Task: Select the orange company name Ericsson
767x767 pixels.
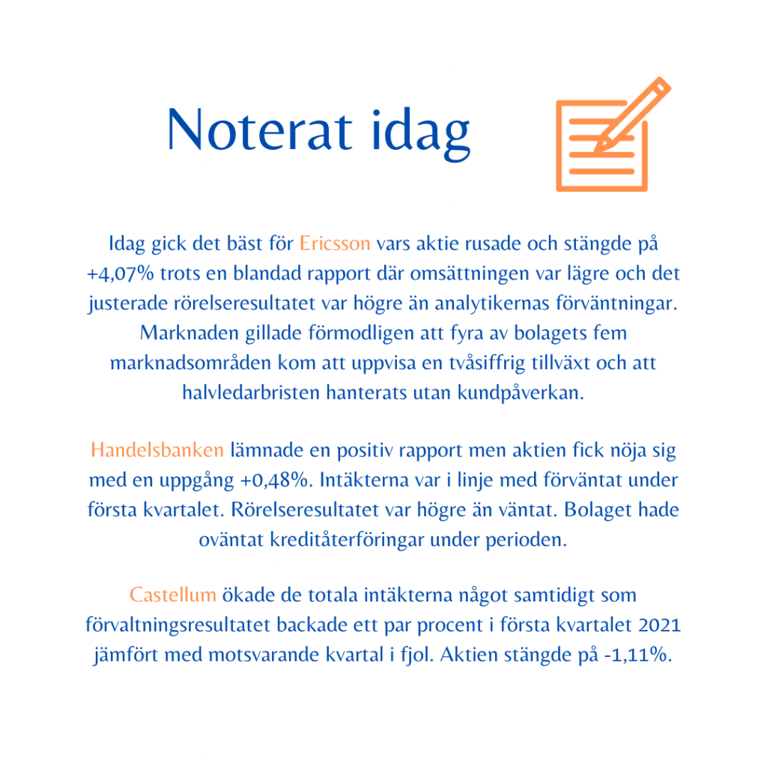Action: coord(335,244)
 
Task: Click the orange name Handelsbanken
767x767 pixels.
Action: coord(157,450)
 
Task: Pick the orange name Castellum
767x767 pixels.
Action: coord(172,595)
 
